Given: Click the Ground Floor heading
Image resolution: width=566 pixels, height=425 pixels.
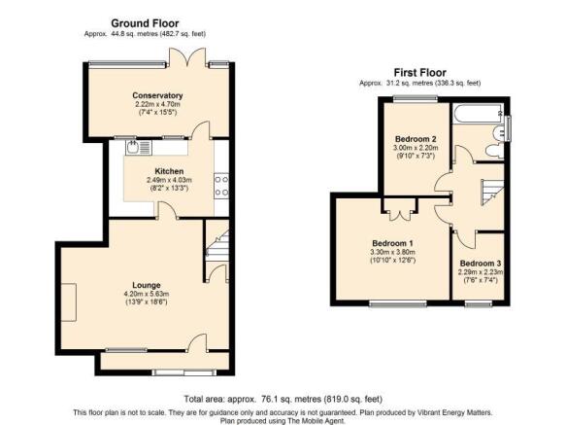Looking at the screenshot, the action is [145, 23].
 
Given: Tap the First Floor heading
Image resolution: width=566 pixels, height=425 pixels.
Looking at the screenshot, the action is [419, 73].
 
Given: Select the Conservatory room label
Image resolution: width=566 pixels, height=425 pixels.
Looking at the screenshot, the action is [157, 95].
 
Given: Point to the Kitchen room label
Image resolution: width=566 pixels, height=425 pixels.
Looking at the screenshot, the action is [169, 171].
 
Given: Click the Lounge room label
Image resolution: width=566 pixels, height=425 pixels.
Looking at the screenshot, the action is [147, 285].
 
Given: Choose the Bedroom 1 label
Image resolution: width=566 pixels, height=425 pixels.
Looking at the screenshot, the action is [393, 243].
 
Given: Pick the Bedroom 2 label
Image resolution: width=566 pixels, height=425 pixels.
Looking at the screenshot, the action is [416, 139].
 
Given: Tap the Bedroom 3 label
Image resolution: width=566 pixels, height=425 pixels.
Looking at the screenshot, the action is [481, 264].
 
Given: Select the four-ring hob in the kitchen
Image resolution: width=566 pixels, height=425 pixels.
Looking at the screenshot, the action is [221, 186].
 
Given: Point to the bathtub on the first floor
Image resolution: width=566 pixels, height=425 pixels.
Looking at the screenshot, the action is [477, 114].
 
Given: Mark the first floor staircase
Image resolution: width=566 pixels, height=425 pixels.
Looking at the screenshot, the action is [492, 192].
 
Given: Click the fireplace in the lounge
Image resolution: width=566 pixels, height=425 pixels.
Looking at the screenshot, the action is [69, 302].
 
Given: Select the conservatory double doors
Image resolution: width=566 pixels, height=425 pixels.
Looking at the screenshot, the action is [187, 56].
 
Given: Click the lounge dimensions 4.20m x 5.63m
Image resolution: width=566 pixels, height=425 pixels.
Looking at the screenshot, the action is [147, 294].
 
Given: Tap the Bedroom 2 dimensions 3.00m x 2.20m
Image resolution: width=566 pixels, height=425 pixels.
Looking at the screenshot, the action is [416, 148].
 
